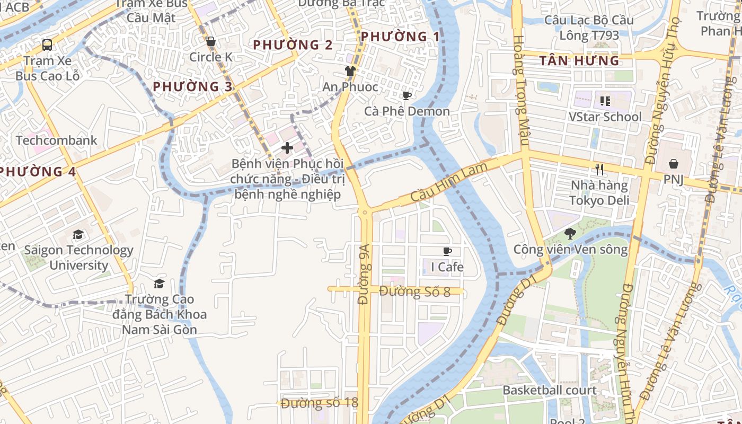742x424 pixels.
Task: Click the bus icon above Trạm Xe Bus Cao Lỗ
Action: click(x=47, y=45)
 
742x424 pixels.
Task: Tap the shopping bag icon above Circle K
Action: click(x=211, y=41)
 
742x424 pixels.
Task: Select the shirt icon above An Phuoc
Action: click(x=350, y=70)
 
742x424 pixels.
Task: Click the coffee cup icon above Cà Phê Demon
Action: click(x=407, y=95)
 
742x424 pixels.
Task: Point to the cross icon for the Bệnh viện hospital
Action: click(x=287, y=147)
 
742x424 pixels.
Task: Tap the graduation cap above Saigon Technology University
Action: click(x=78, y=234)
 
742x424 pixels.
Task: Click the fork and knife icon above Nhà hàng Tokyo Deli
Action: click(x=599, y=170)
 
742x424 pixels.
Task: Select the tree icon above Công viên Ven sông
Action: click(x=570, y=233)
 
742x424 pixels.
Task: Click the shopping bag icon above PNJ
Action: click(x=673, y=164)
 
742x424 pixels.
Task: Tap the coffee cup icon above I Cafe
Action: click(x=447, y=251)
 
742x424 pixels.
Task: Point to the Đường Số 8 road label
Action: click(x=415, y=291)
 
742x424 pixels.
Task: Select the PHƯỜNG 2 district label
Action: click(x=293, y=45)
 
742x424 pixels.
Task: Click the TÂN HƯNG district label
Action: click(x=579, y=61)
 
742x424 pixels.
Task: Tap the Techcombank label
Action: click(x=57, y=140)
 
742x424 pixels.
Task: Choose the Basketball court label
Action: click(x=550, y=391)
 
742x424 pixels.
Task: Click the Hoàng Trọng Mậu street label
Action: click(x=520, y=90)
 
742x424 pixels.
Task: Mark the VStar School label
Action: click(x=605, y=117)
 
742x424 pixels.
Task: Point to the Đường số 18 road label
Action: click(x=320, y=403)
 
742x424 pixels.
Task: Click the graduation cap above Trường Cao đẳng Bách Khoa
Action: click(x=159, y=284)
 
